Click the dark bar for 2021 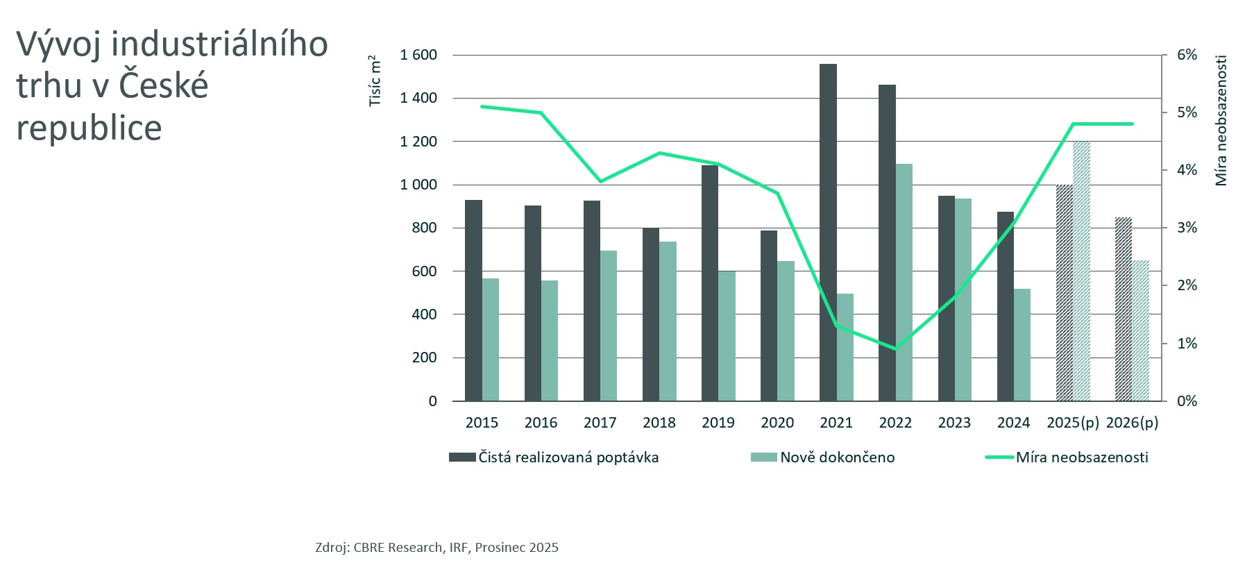coord(828,233)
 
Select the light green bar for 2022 coord(904,283)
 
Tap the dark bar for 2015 coord(473,301)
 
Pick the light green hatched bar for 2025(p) coord(1081,271)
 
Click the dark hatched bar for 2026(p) coord(1123,310)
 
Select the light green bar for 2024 coord(1021,345)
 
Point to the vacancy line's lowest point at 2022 coord(895,348)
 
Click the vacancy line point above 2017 coord(600,181)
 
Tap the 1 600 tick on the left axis coord(418,55)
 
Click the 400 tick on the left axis coord(424,314)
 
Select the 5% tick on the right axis coord(1187,112)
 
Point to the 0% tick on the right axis coord(1187,401)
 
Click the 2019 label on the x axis coord(718,423)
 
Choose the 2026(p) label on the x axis coord(1132,423)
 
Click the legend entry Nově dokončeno coord(837,457)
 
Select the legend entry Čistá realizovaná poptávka coord(568,457)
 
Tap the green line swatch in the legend coord(999,457)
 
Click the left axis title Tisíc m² coord(375,81)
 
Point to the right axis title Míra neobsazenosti coord(1221,120)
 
